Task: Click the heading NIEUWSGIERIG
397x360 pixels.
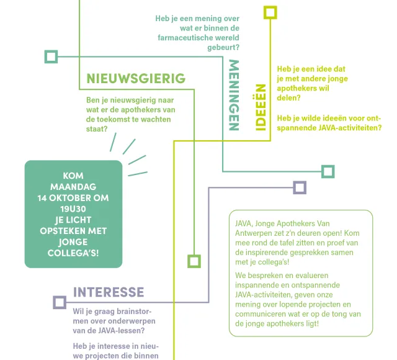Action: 136,78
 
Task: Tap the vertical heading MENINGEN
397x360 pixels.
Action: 234,95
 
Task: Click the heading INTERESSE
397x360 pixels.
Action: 109,292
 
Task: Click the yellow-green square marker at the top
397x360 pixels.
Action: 270,13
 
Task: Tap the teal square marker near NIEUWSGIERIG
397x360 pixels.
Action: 51,57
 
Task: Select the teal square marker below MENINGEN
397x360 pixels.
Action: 328,171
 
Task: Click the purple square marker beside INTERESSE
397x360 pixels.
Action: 60,302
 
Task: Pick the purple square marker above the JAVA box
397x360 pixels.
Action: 300,187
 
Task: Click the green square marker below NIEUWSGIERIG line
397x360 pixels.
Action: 194,261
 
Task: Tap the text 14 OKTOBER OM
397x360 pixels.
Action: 73,198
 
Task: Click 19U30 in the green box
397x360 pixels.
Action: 73,209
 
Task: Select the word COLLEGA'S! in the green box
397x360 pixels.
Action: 73,253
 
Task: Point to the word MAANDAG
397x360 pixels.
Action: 73,187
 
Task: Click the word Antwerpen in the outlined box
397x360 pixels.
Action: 255,233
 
